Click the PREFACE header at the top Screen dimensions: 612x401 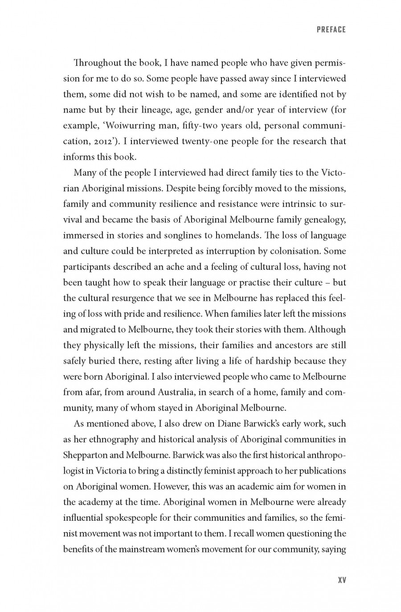point(331,30)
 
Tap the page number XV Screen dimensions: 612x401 point(342,580)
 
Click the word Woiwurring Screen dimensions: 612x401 point(123,126)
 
